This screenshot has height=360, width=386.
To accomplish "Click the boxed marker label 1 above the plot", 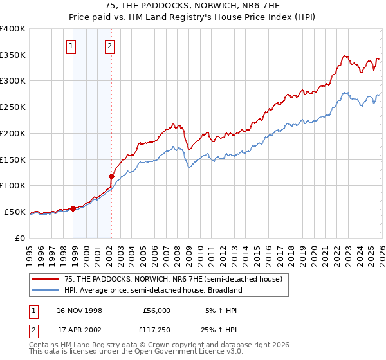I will [70, 46].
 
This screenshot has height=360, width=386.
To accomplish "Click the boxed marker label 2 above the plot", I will [110, 46].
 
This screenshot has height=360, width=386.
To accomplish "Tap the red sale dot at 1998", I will [73, 208].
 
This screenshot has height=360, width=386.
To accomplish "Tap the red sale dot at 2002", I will [111, 175].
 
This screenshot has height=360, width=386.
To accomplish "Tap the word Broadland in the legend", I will [224, 290].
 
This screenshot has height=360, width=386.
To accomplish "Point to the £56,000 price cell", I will [156, 310].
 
